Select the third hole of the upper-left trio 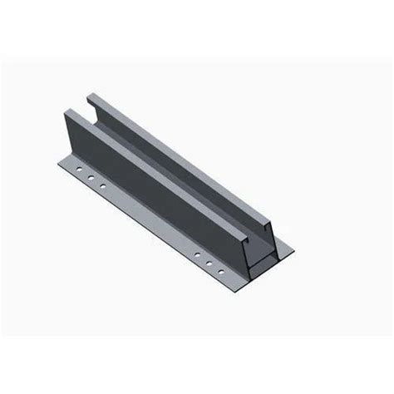(102, 185)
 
